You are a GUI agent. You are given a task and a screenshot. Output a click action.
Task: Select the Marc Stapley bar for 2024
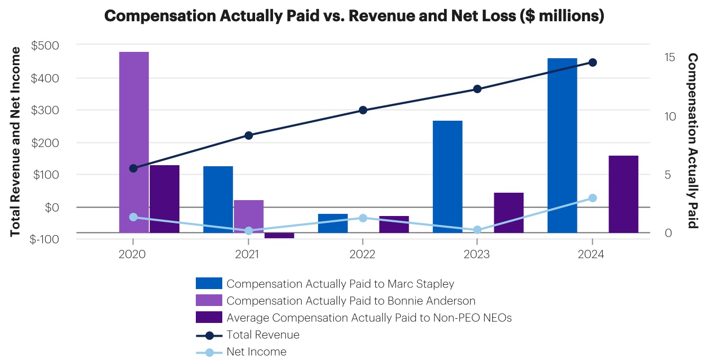click(562, 145)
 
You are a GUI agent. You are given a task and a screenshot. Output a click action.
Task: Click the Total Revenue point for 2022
click(363, 110)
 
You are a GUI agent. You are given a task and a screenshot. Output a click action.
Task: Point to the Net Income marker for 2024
click(593, 198)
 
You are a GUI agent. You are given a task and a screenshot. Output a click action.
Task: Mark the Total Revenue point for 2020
click(133, 168)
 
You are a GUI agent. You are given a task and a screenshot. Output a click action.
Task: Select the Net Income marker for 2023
click(477, 230)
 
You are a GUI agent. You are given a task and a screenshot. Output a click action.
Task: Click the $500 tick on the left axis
click(46, 46)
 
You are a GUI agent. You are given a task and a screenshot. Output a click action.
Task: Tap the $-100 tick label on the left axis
click(44, 239)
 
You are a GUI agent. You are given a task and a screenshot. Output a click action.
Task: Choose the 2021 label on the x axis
click(247, 254)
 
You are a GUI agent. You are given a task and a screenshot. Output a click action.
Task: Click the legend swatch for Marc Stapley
click(209, 284)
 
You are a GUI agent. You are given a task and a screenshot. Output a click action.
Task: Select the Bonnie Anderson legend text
click(351, 301)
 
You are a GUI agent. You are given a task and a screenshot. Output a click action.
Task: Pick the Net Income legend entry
click(256, 352)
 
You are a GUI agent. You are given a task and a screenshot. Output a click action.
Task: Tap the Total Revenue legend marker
click(209, 335)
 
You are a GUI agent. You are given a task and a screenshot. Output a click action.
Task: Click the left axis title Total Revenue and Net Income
click(15, 141)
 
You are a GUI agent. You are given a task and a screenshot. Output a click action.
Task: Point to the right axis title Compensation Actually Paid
click(692, 141)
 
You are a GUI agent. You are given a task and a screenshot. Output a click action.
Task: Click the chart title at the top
click(354, 16)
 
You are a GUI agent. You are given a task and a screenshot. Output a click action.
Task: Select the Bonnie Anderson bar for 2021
click(249, 216)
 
